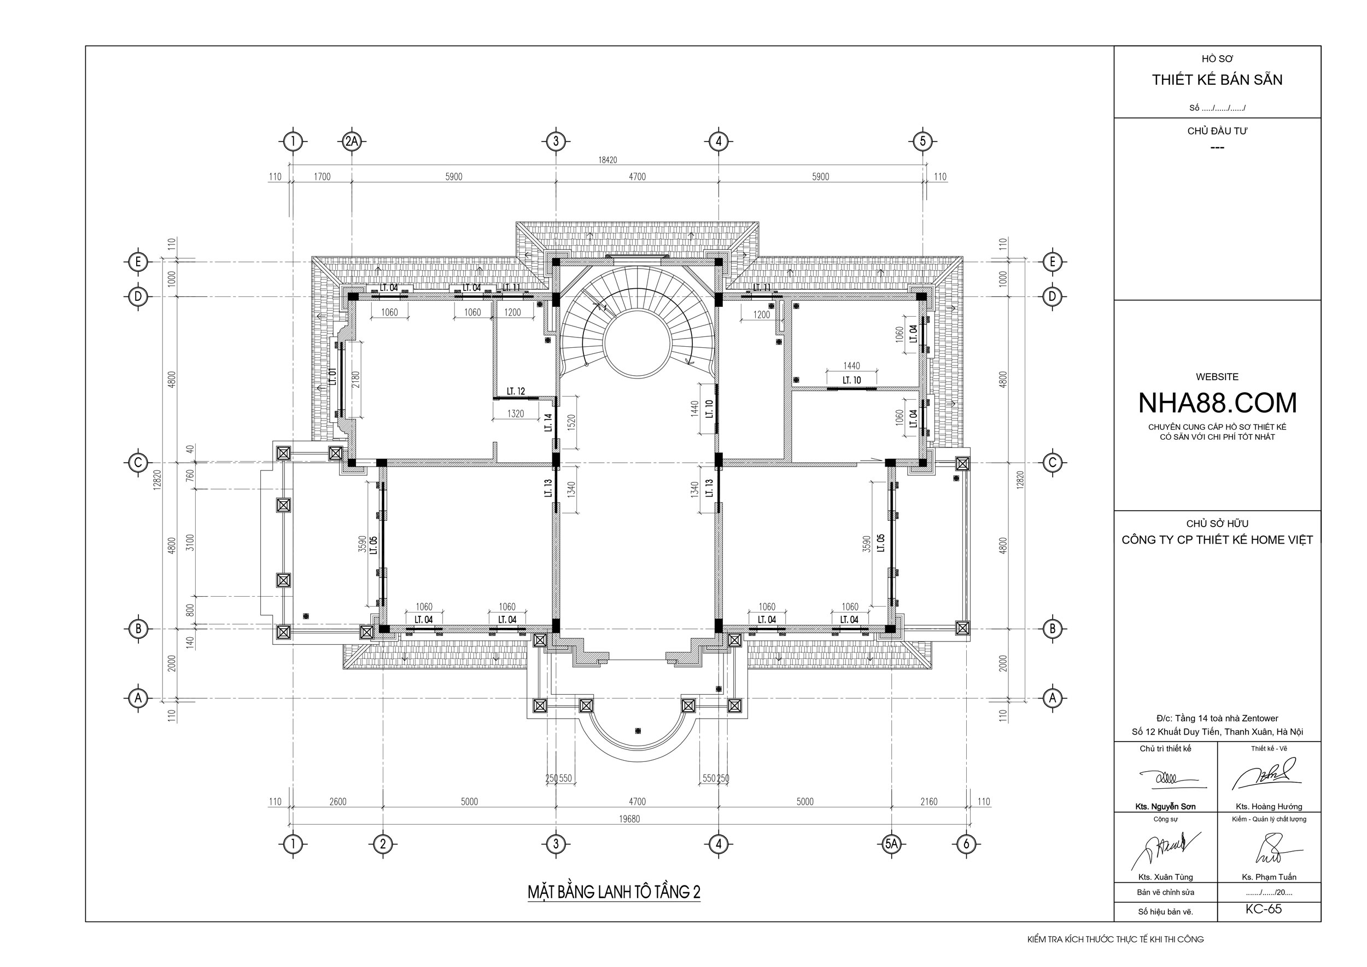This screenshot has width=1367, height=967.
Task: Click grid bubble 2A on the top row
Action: pos(352,142)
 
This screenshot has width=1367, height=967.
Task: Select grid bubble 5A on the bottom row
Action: pos(891,843)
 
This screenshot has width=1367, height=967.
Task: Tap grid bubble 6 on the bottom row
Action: pos(966,843)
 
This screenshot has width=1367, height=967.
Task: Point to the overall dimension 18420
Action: pos(607,160)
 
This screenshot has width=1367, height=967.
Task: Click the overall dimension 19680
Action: pos(629,819)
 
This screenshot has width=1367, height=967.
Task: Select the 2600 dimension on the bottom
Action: pos(337,801)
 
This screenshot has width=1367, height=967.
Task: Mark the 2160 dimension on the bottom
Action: pos(929,801)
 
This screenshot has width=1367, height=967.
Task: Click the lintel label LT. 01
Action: pos(334,376)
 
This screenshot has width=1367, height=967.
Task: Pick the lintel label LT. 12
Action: pos(516,391)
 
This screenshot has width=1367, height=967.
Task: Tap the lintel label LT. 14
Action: pos(548,422)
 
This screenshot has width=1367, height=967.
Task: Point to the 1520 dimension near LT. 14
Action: pos(571,423)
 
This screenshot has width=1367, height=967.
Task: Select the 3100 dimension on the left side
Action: pos(190,542)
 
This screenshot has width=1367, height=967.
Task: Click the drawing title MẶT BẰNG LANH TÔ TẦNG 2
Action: pos(614,892)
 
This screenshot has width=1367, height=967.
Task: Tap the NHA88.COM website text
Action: pos(1217,403)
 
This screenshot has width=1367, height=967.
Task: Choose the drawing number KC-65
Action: pos(1264,909)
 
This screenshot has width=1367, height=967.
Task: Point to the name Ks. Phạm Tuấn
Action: pos(1269,877)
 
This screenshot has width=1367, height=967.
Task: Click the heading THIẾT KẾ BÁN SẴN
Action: pos(1217,80)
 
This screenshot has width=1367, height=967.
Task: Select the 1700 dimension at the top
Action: pos(322,176)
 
